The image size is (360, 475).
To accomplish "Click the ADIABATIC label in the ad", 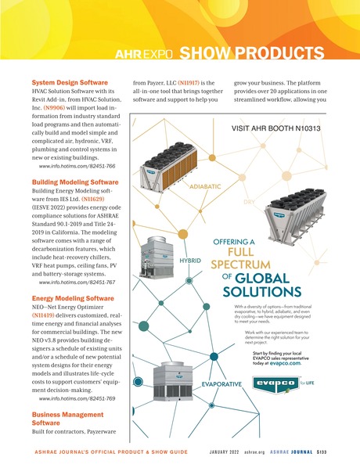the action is point(206,187).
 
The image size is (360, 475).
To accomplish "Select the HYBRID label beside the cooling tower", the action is point(191,258).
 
